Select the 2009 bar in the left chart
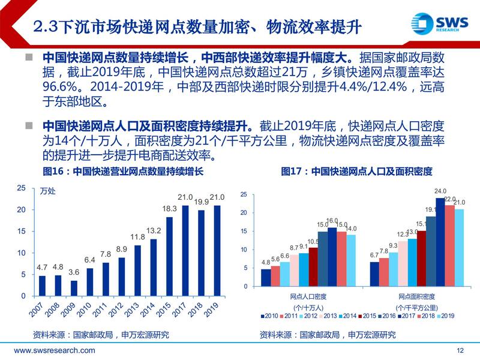[74, 289]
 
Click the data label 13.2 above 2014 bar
[154, 230]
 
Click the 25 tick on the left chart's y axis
[21, 188]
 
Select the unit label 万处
[47, 193]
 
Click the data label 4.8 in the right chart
[266, 262]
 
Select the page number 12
[461, 350]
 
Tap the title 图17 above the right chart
[356, 171]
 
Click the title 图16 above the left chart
[124, 171]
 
